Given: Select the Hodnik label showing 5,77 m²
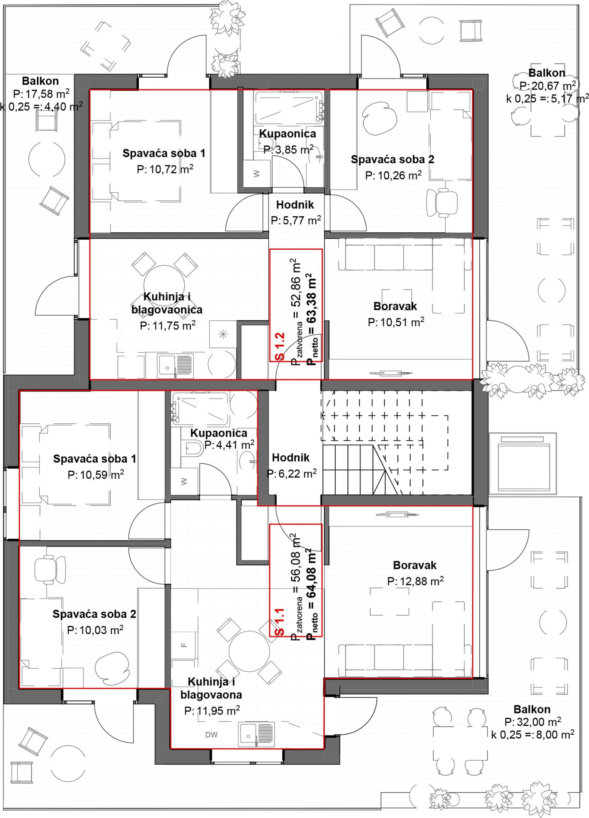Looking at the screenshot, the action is click(295, 205).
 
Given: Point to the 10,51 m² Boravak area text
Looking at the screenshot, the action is click(396, 322).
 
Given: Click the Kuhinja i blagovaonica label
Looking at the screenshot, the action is click(167, 303).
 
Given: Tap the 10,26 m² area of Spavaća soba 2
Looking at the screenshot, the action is click(393, 175).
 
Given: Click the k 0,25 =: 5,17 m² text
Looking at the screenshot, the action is click(547, 98).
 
